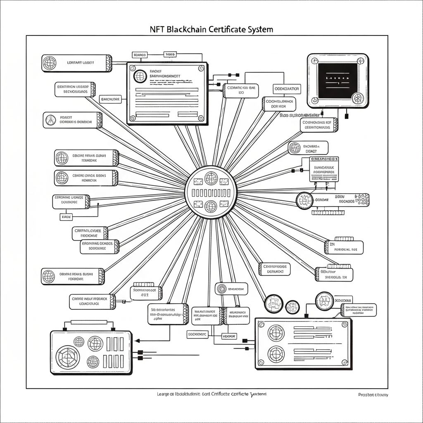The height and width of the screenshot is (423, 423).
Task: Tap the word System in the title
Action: tap(259, 30)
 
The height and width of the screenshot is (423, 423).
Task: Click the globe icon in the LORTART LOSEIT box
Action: tap(50, 63)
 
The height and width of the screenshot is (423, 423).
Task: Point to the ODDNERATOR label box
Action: tap(287, 89)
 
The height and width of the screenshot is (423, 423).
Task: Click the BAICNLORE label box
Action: tap(111, 100)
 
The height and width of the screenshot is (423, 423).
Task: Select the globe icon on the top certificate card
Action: tap(140, 76)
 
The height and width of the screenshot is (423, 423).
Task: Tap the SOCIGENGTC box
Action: tap(197, 334)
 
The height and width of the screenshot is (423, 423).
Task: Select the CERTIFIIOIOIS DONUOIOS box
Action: tap(275, 269)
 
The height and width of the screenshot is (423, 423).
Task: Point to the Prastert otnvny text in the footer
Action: tap(373, 395)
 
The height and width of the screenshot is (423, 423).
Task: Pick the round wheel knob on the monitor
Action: tap(356, 98)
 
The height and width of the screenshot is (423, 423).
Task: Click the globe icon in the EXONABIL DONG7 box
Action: tap(295, 148)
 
